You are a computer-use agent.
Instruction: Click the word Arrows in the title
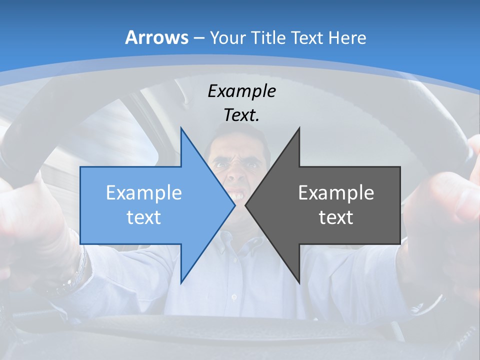click(x=156, y=37)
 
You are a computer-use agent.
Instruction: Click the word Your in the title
click(x=227, y=37)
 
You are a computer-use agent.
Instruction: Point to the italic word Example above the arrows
click(x=241, y=91)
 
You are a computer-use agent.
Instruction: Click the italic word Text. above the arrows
click(x=241, y=115)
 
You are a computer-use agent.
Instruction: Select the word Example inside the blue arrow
click(x=144, y=192)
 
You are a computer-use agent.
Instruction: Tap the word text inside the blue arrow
click(x=144, y=217)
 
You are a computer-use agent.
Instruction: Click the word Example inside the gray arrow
click(x=336, y=192)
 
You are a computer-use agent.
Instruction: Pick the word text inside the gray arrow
click(x=336, y=217)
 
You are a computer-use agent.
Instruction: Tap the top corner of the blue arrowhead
click(x=181, y=129)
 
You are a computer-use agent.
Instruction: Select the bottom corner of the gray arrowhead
click(x=299, y=283)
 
